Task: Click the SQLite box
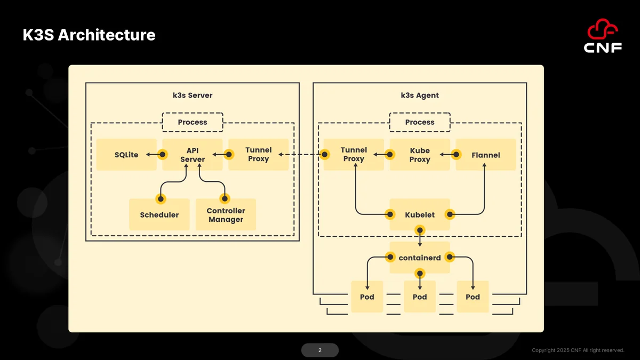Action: pos(126,155)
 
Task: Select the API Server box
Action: pos(193,155)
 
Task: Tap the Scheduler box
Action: pos(159,214)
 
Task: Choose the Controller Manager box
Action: pos(226,214)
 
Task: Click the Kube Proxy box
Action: pos(420,155)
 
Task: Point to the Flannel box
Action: pos(486,155)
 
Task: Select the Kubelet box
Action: pos(420,214)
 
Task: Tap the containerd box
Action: pos(420,258)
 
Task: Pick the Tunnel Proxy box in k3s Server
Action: pos(258,155)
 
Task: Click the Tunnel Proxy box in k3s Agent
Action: pos(354,155)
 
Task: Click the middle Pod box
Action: pos(420,297)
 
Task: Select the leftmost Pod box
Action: pos(367,297)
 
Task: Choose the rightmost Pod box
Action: pos(473,297)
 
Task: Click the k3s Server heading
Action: pos(193,95)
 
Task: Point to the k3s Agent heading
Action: pos(420,95)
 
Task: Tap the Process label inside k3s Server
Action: pos(193,122)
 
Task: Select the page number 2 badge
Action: pos(319,350)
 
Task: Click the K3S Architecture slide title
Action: pos(89,35)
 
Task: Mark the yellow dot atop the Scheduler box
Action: pos(161,199)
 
